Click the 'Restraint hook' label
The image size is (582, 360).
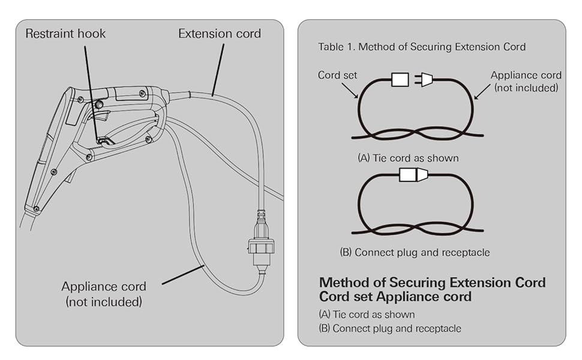65,34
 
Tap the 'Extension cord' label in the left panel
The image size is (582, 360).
220,34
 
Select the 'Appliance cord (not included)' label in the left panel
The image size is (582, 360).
104,293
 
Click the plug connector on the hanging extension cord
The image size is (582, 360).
261,246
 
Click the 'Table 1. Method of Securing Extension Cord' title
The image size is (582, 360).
422,47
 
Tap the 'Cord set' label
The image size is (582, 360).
337,76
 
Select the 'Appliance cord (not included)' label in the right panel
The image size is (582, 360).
526,82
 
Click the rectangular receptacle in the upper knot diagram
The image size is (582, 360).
400,80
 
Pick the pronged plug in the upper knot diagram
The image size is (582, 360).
425,80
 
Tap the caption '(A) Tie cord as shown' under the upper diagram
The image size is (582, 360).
408,158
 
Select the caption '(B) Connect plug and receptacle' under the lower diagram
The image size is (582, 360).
415,253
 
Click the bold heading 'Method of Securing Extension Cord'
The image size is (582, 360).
432,283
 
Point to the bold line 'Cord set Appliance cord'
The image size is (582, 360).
395,296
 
